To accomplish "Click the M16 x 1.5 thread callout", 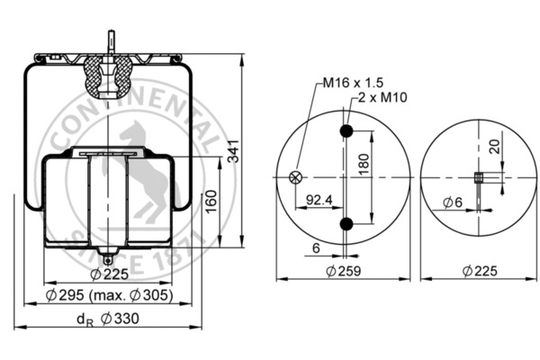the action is pyautogui.click(x=353, y=83).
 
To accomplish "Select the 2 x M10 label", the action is pyautogui.click(x=382, y=97).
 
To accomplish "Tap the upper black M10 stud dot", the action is pyautogui.click(x=346, y=130).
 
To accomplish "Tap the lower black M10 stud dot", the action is pyautogui.click(x=346, y=224).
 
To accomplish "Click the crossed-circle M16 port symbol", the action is pyautogui.click(x=295, y=177).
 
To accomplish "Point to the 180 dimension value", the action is pyautogui.click(x=364, y=164).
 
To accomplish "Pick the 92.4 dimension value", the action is pyautogui.click(x=319, y=200).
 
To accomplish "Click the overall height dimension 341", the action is pyautogui.click(x=234, y=151).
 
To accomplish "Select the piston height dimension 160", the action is pyautogui.click(x=211, y=202).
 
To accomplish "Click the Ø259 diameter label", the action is pyautogui.click(x=344, y=271).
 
